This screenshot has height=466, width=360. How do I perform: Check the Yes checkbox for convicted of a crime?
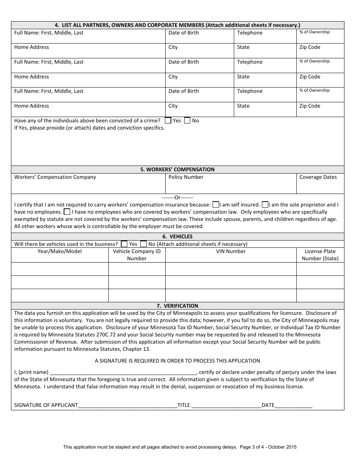tap(168, 120)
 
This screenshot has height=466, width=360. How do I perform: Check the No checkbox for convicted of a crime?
tap(187, 120)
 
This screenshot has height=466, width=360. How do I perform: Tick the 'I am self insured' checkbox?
tap(216, 205)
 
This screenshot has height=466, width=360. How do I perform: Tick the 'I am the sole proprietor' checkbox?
tap(265, 205)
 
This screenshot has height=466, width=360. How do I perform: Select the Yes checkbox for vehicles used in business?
tap(124, 244)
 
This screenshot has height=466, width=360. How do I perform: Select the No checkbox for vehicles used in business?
tap(143, 244)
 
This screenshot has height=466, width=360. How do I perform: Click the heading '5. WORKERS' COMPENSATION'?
tap(177, 169)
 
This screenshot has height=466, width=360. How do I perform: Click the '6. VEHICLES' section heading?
tap(177, 236)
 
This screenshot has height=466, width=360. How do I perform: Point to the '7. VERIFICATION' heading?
tap(177, 306)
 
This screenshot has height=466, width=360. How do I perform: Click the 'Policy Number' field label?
tap(186, 177)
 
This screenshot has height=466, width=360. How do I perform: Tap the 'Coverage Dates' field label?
tap(318, 177)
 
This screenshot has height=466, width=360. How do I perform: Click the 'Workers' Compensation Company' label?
tap(55, 177)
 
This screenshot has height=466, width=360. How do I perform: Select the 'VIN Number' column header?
tap(231, 251)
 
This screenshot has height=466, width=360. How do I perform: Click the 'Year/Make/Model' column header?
tap(59, 251)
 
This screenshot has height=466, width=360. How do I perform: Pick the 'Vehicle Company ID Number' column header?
tap(137, 255)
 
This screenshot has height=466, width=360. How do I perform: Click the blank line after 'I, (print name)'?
tap(123, 372)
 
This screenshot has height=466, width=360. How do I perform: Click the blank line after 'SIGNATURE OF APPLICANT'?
tap(127, 405)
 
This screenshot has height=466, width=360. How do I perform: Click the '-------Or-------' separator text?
tap(177, 197)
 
